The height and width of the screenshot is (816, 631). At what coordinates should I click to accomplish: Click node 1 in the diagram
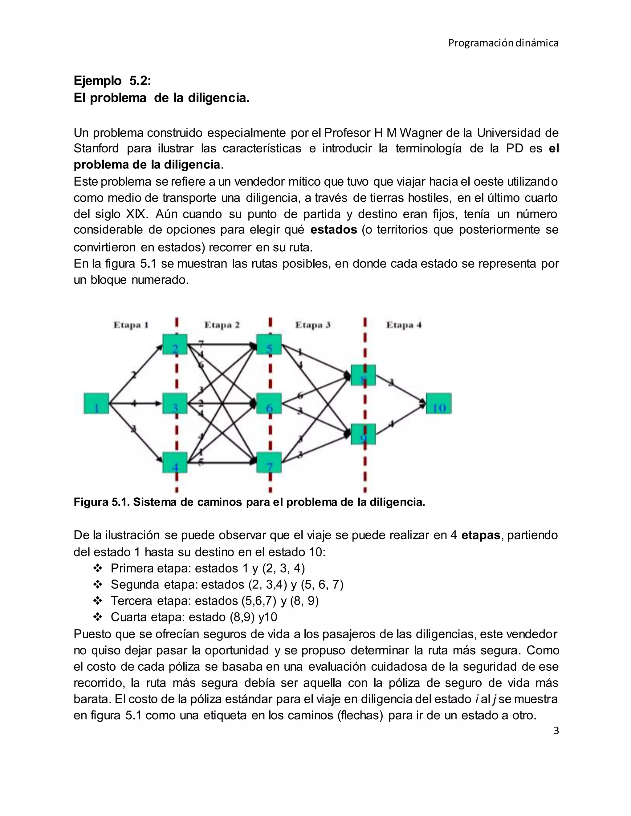click(x=96, y=403)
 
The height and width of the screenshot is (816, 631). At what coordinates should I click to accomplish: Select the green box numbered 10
click(x=438, y=403)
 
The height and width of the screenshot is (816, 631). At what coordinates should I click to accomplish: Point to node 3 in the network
click(x=175, y=403)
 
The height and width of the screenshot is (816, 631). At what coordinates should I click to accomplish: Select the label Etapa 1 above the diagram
click(x=131, y=325)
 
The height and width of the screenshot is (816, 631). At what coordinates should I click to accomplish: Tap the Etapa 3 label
click(x=313, y=325)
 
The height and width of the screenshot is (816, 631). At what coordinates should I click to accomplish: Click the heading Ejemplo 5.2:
click(x=112, y=80)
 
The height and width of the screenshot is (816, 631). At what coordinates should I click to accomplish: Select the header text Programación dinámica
click(x=503, y=43)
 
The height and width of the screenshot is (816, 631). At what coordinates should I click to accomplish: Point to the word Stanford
click(x=96, y=148)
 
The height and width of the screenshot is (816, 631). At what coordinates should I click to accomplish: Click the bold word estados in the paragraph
click(x=333, y=230)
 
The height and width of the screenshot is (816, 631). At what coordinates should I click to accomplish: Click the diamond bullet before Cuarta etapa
click(x=98, y=617)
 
